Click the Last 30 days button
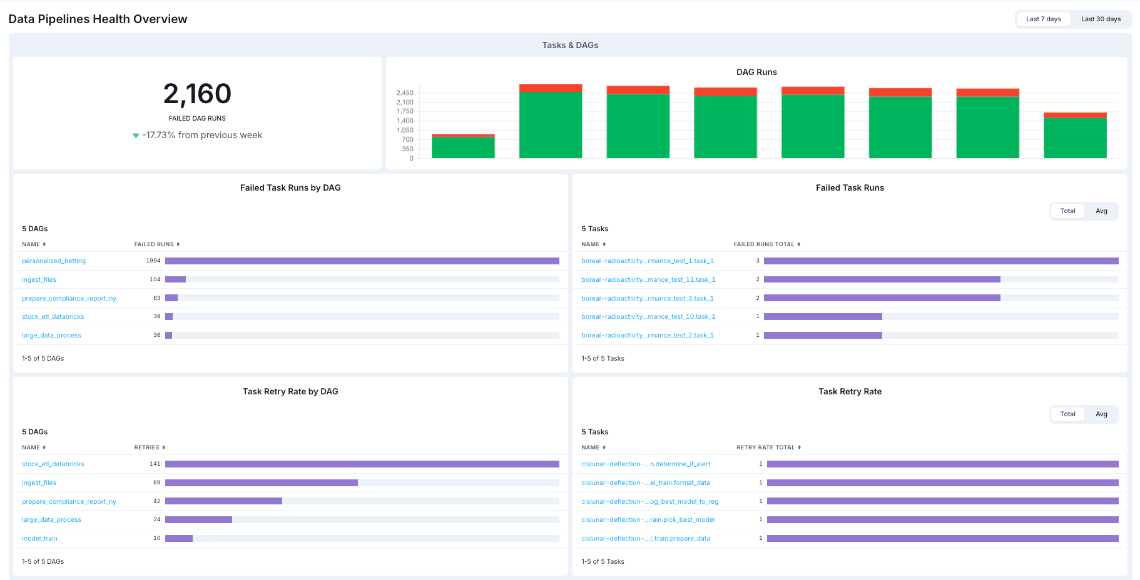[1101, 19]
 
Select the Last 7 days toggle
[1043, 19]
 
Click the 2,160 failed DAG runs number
[197, 94]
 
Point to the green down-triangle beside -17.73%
[136, 136]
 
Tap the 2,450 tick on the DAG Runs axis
[404, 93]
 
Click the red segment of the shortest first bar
[463, 136]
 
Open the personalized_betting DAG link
[54, 261]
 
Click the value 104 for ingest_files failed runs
[155, 279]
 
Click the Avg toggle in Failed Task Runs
[1101, 211]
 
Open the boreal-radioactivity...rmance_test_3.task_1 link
[647, 299]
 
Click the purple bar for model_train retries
[179, 539]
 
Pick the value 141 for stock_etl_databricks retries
[155, 464]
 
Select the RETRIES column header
[147, 447]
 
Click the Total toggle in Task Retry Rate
[1067, 414]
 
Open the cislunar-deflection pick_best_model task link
[648, 520]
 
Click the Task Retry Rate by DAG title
[290, 392]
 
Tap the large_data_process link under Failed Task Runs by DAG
[51, 336]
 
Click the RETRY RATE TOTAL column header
[765, 447]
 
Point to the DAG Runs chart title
[756, 72]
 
